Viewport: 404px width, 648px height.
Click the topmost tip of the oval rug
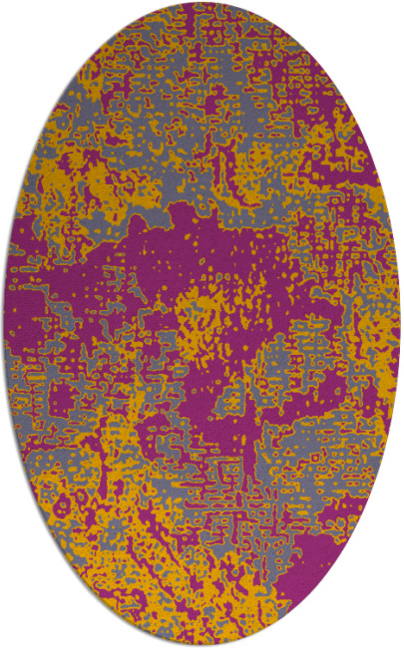(202, 3)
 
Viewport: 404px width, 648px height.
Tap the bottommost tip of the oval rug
(202, 645)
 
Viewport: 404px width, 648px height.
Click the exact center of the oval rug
(202, 324)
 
